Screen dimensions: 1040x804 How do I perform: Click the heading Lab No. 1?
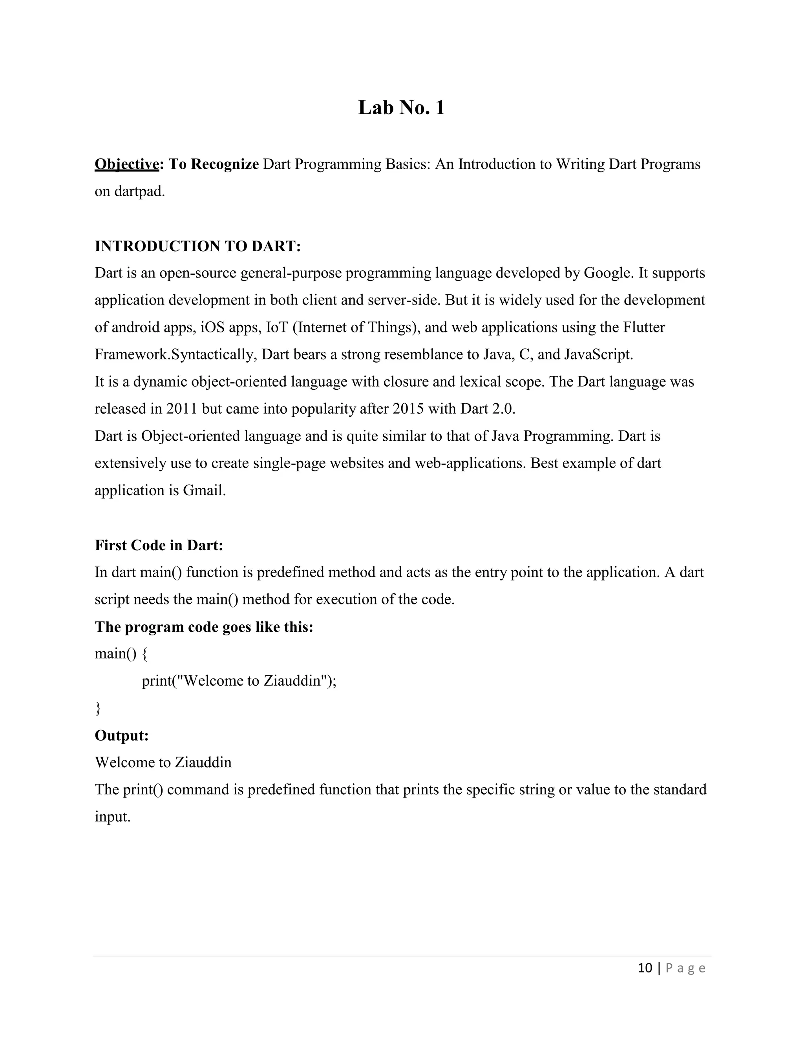point(401,108)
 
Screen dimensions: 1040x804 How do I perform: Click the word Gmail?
point(204,491)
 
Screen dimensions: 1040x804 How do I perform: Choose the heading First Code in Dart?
point(159,545)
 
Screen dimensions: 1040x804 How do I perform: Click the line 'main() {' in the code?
point(121,654)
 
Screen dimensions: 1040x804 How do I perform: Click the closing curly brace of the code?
point(98,708)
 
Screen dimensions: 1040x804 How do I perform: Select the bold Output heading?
point(121,736)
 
